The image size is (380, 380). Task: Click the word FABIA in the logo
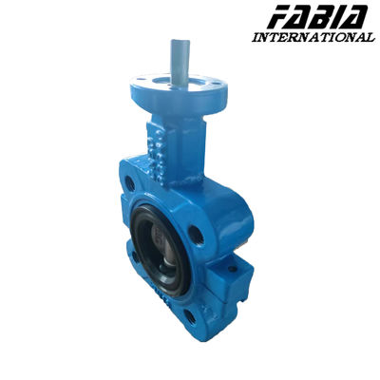317,17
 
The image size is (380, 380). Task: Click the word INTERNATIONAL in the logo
313,37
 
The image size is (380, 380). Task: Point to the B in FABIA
317,17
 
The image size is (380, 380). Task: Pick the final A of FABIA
353,17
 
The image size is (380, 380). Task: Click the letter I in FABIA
333,17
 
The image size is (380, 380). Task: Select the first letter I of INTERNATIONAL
256,37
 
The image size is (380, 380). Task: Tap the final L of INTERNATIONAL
370,37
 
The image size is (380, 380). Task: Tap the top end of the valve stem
180,41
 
